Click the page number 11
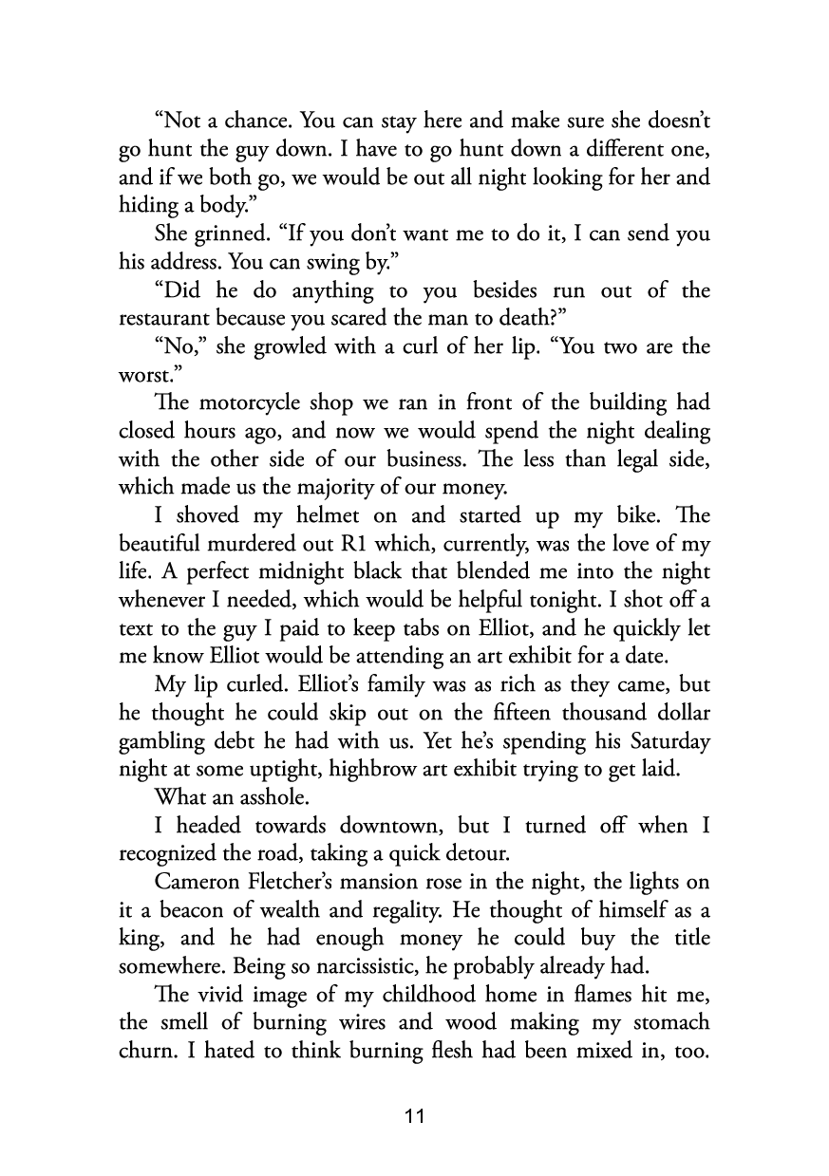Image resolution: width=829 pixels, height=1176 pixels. coord(414,1116)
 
